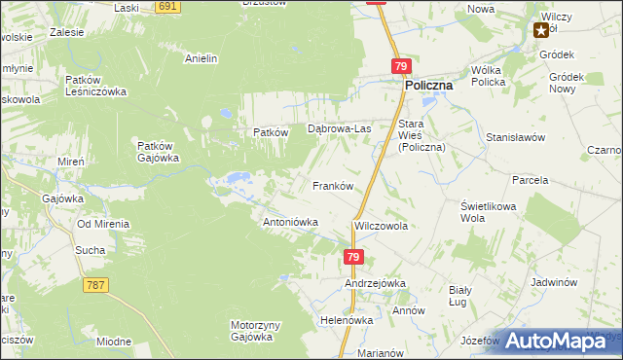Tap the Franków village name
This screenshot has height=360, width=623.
(x=331, y=185)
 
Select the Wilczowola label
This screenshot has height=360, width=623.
(x=381, y=226)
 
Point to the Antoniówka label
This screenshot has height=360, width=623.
(x=291, y=222)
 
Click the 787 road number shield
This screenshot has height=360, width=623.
(x=95, y=285)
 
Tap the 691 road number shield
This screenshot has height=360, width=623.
(x=167, y=6)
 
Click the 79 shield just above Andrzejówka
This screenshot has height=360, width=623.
(x=353, y=257)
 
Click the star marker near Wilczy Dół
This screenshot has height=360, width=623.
(x=540, y=30)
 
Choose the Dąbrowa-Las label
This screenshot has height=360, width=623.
(x=340, y=128)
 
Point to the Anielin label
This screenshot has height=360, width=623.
(x=201, y=58)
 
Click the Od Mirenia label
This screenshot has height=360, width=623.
(x=103, y=223)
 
